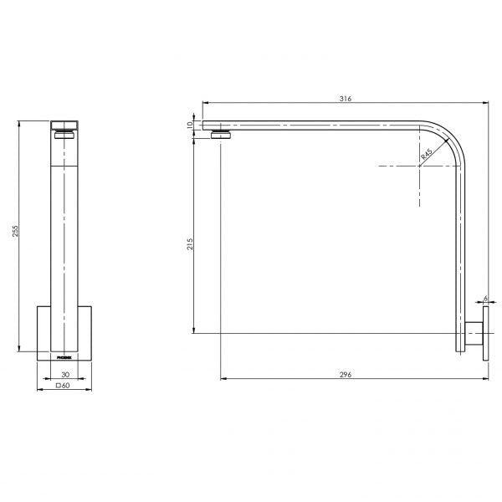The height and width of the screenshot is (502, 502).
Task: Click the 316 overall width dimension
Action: (346, 99)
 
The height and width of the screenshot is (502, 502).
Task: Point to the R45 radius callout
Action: (426, 154)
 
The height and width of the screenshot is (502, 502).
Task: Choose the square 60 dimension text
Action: (63, 387)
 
